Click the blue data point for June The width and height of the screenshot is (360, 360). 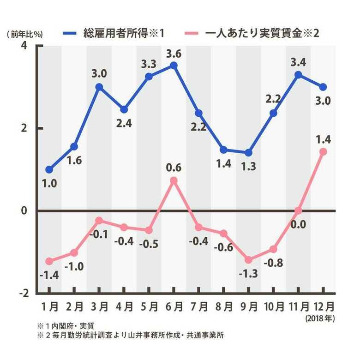[x=174, y=66]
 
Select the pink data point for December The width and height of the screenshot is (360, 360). [x=323, y=151]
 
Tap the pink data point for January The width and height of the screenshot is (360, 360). [x=49, y=261]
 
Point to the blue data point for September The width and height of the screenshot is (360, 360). [x=248, y=153]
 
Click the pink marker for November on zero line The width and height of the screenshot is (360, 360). [x=298, y=210]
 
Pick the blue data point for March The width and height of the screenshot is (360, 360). [x=99, y=87]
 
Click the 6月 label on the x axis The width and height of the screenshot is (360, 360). [x=174, y=306]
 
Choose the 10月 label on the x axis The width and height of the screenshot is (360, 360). [x=273, y=306]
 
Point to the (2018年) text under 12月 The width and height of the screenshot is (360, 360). [x=320, y=318]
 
